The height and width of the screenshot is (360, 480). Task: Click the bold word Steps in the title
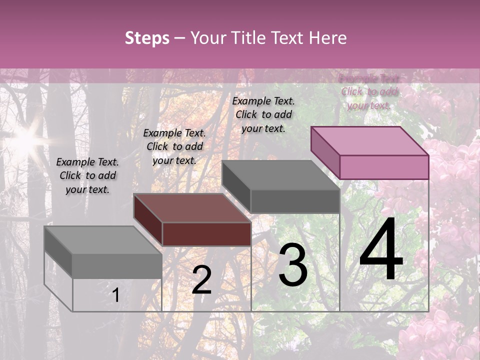click(147, 38)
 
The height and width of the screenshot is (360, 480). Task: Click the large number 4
click(381, 250)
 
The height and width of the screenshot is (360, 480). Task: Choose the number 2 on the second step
click(201, 280)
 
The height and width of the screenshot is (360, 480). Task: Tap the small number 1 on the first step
click(116, 295)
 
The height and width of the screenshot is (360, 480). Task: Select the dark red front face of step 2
click(206, 234)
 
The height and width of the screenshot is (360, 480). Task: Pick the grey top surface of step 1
click(103, 240)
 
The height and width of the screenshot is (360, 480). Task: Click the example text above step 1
click(87, 175)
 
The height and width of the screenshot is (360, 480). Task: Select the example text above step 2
click(174, 146)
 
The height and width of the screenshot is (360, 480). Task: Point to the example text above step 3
click(263, 114)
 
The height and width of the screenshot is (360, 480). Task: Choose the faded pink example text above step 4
click(369, 92)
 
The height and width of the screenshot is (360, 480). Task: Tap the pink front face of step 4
click(384, 167)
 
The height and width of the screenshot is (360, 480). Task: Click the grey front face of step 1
click(117, 266)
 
